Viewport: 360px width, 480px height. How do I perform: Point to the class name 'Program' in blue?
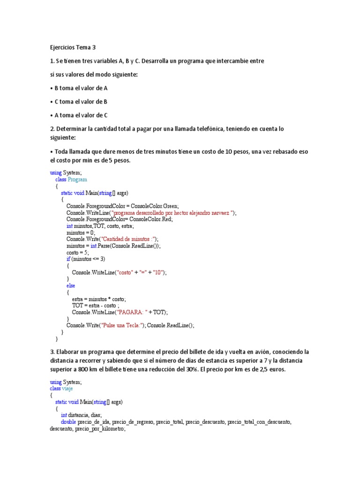77,180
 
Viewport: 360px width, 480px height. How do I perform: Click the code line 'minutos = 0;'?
81,232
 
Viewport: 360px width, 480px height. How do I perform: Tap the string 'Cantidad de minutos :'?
124,239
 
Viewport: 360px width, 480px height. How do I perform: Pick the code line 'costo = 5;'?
78,252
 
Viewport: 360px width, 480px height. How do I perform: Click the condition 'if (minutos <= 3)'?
86,259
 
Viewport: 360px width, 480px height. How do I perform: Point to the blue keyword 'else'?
71,285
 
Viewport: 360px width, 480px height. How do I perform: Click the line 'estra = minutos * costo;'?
99,299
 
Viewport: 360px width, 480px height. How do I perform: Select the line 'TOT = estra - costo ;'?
96,305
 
